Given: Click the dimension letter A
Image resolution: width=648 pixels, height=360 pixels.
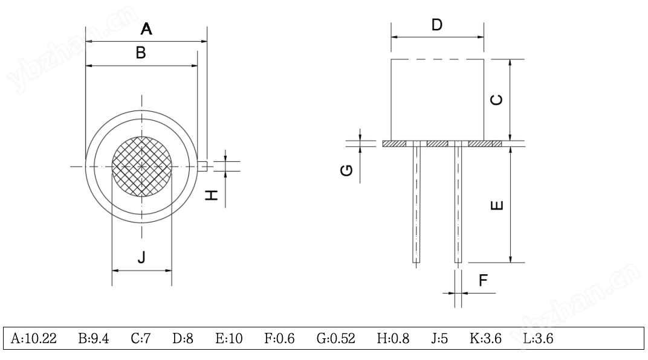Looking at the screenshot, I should point(146,28).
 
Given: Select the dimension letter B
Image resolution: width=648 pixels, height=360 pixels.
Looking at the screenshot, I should point(141,53).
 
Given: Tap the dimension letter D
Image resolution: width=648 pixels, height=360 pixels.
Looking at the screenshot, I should point(437,25).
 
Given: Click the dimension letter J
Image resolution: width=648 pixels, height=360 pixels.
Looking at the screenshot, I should point(141,258).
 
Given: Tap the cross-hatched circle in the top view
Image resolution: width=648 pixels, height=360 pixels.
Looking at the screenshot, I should point(142,166).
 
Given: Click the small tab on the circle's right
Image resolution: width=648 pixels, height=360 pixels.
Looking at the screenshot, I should point(204,165).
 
